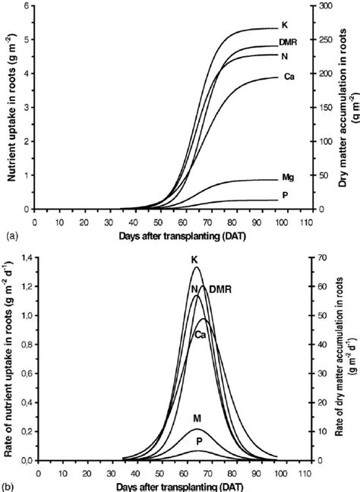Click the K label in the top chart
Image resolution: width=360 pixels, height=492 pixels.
click(x=284, y=25)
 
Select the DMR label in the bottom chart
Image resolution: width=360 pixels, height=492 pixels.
click(x=219, y=288)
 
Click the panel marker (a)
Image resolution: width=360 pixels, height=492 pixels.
click(x=9, y=236)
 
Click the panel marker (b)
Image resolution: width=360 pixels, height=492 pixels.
click(x=9, y=484)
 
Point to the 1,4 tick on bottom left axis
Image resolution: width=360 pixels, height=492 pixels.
click(x=23, y=260)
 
